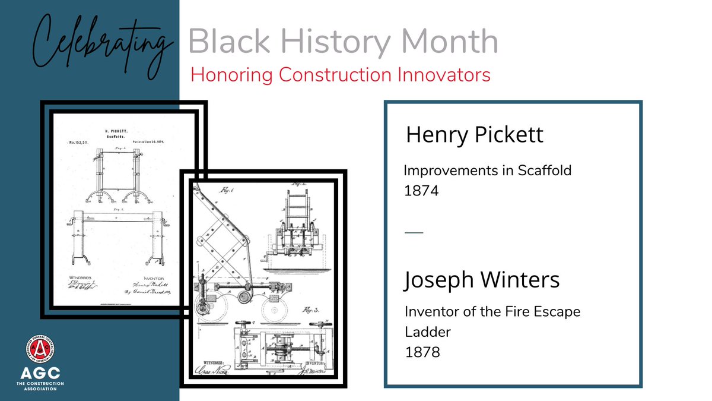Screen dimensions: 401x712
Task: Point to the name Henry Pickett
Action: pyautogui.click(x=474, y=135)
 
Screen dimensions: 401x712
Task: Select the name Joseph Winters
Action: pyautogui.click(x=482, y=280)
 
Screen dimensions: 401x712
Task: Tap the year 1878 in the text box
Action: pyautogui.click(x=422, y=352)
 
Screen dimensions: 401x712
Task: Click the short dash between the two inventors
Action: pyautogui.click(x=414, y=232)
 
